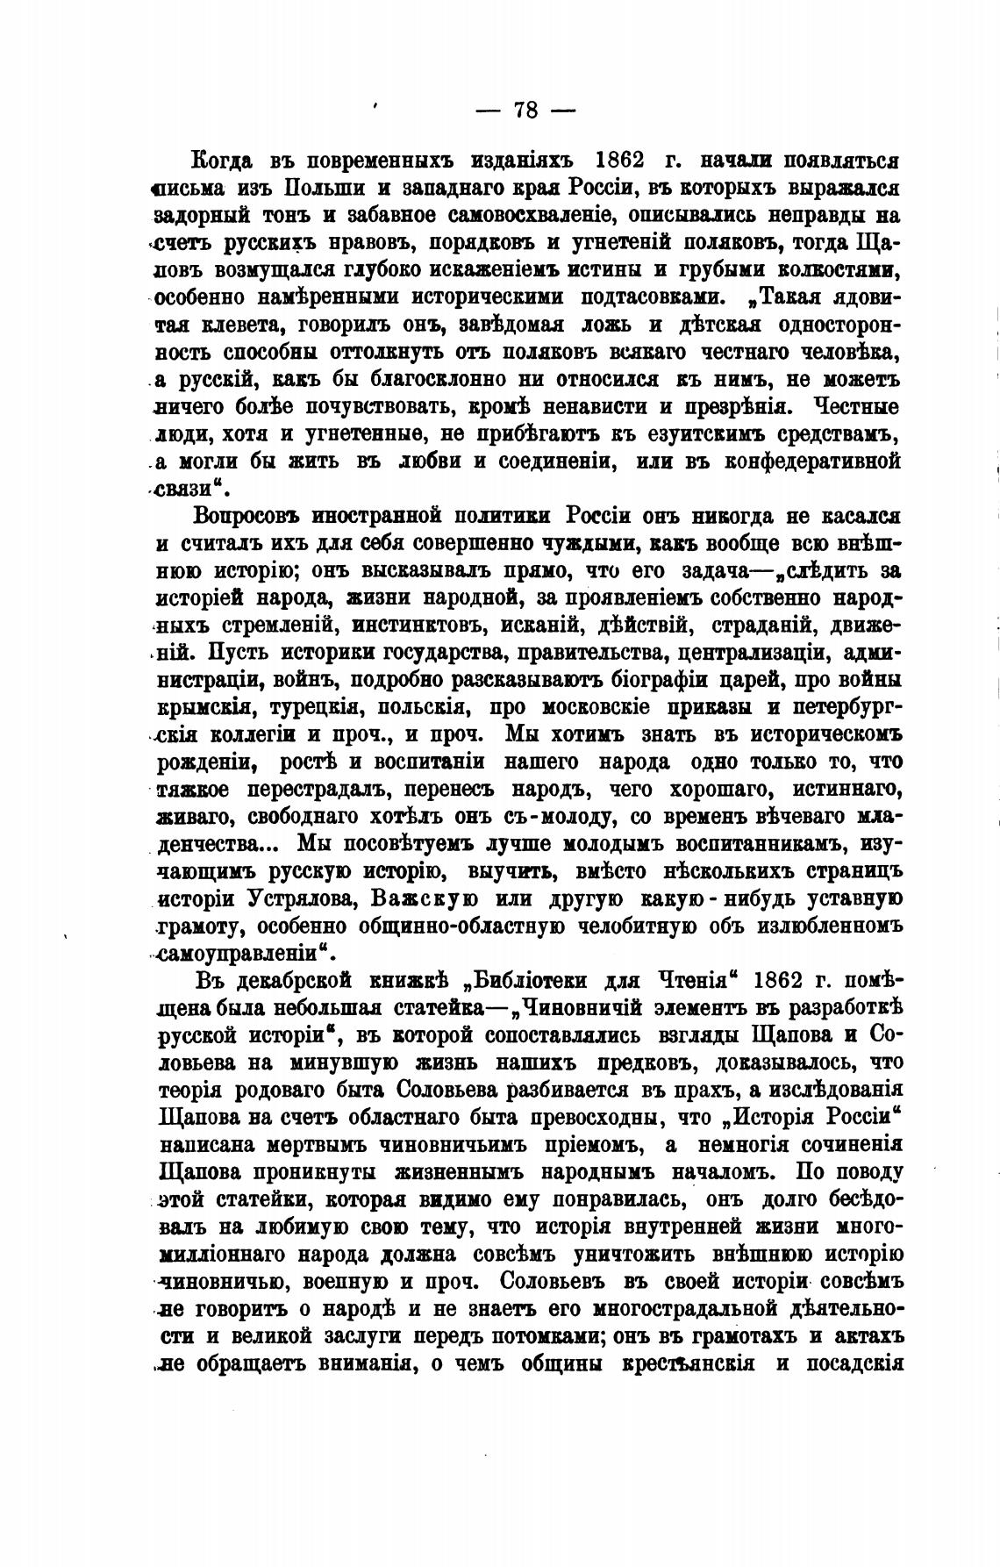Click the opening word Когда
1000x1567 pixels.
click(x=222, y=161)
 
